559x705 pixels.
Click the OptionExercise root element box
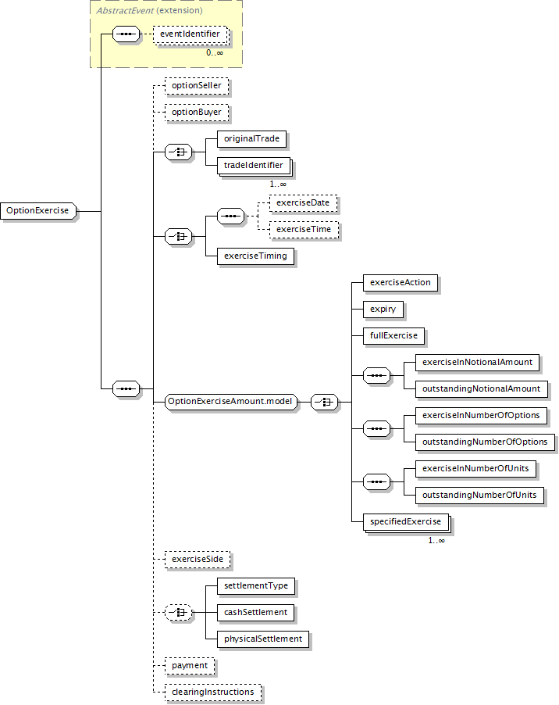point(38,211)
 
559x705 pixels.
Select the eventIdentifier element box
point(190,34)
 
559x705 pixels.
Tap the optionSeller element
point(197,86)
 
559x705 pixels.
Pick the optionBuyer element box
point(197,113)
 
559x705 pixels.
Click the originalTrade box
point(252,139)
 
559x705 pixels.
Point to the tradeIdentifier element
point(255,166)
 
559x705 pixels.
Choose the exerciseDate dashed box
point(303,203)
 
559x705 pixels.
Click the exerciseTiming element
point(255,256)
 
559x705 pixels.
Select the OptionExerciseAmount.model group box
point(231,402)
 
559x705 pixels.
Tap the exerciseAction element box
point(401,283)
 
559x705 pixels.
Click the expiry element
point(383,310)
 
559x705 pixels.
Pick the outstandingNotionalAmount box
point(482,389)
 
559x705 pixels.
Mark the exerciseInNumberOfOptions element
point(481,416)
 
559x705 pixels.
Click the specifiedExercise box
point(406,522)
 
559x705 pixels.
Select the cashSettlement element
point(255,612)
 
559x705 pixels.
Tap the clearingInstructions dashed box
point(213,692)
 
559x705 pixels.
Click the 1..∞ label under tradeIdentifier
point(278,184)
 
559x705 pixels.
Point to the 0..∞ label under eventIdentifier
point(215,52)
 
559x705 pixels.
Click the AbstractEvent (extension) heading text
point(150,10)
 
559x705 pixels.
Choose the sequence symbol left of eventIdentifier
point(126,34)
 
